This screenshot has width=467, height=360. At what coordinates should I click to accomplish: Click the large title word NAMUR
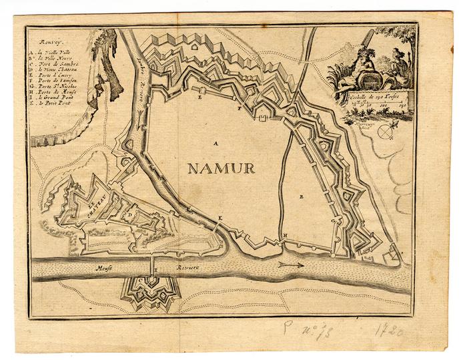coord(221,168)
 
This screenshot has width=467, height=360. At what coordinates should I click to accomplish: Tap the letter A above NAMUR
coord(215,143)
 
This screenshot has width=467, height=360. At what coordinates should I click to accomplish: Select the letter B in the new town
coord(302,197)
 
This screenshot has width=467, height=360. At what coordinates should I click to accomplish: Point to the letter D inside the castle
coord(131,215)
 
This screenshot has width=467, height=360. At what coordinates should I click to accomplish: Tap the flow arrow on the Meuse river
coord(292,264)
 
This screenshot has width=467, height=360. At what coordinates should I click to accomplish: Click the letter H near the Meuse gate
coord(285,236)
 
